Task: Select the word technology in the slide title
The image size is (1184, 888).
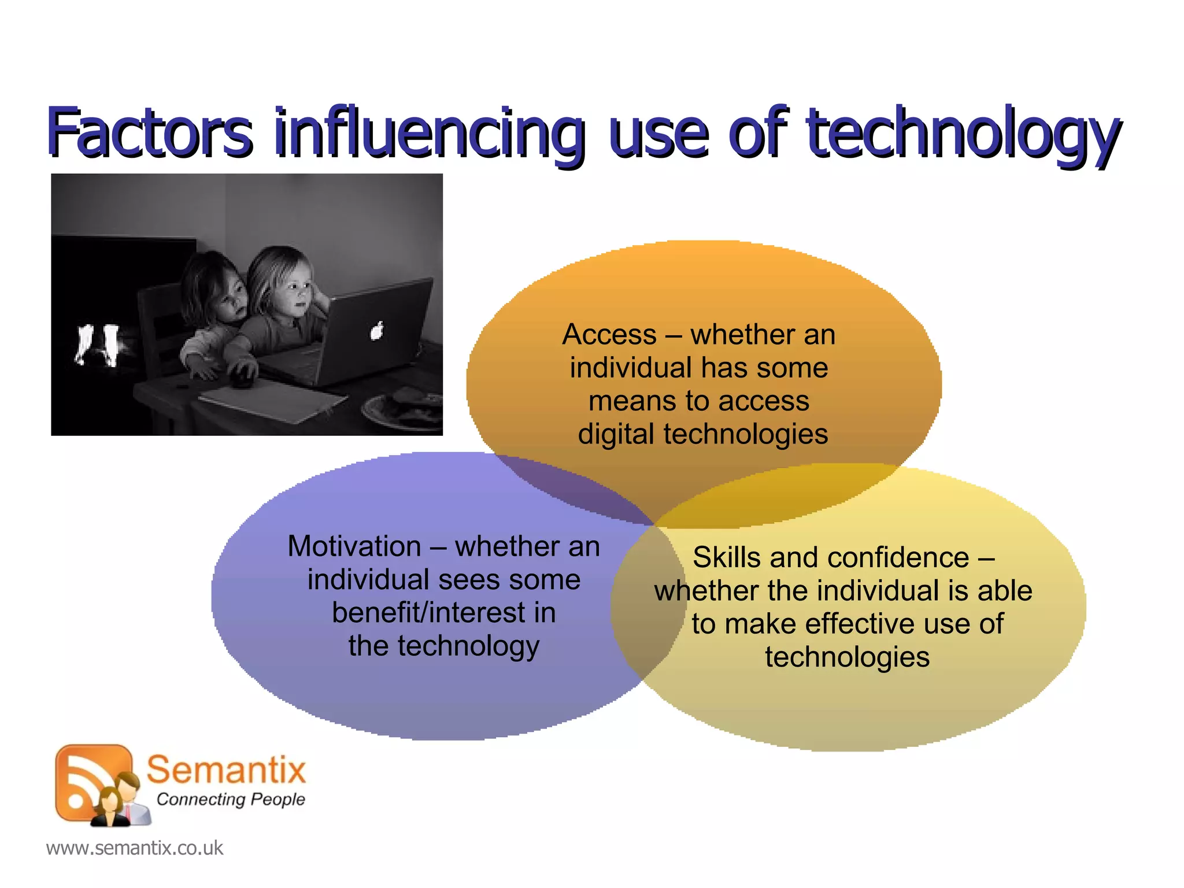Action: point(963,134)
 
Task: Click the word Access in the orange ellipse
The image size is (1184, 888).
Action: point(609,335)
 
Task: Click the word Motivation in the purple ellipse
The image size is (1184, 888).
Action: point(354,546)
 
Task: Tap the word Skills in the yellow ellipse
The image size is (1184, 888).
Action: point(726,558)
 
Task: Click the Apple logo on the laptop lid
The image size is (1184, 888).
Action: point(376,331)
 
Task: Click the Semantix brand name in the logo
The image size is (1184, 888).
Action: point(226,769)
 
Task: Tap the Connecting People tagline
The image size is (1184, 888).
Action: point(231,800)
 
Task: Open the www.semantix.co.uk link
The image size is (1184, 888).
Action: point(135,848)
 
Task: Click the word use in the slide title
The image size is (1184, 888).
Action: point(658,134)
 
